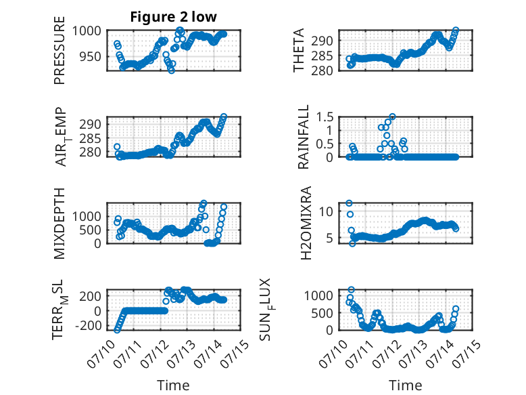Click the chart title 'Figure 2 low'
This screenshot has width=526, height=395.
(x=174, y=17)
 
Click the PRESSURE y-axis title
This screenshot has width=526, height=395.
(x=59, y=50)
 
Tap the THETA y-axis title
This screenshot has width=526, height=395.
(x=298, y=50)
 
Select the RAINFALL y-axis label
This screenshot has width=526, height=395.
(x=303, y=137)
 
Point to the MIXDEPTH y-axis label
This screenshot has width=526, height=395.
(x=59, y=224)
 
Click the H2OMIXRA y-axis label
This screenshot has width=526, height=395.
(x=306, y=223)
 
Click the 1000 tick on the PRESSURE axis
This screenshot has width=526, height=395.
(x=87, y=31)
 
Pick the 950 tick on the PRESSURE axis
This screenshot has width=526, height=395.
(x=90, y=56)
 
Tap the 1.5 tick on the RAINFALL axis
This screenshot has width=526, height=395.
(x=325, y=117)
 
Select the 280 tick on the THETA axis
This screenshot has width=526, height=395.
(x=322, y=70)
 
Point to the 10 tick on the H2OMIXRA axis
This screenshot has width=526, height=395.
(x=326, y=211)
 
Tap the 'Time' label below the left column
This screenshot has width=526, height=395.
(x=174, y=386)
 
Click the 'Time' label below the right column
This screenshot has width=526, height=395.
(x=406, y=386)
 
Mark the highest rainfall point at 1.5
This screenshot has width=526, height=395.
(x=392, y=117)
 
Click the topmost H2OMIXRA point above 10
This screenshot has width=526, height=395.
(x=349, y=203)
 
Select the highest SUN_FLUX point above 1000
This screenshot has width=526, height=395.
(x=351, y=290)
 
